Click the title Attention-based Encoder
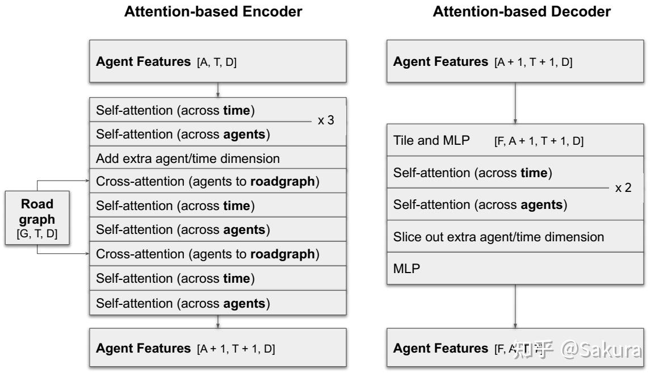(x=213, y=11)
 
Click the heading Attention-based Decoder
(x=522, y=11)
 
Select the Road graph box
(x=37, y=218)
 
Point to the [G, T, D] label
(x=37, y=233)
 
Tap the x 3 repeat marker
(x=325, y=121)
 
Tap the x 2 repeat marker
(x=623, y=188)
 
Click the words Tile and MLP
(x=431, y=141)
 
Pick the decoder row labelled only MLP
(x=406, y=269)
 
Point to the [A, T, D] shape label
(x=217, y=62)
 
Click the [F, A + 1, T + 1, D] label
(x=539, y=142)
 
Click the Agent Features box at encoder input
(x=218, y=61)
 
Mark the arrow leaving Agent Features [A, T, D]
(x=218, y=90)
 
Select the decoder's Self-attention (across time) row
(x=472, y=173)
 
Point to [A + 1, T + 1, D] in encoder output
(x=236, y=349)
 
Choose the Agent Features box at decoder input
(x=515, y=61)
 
